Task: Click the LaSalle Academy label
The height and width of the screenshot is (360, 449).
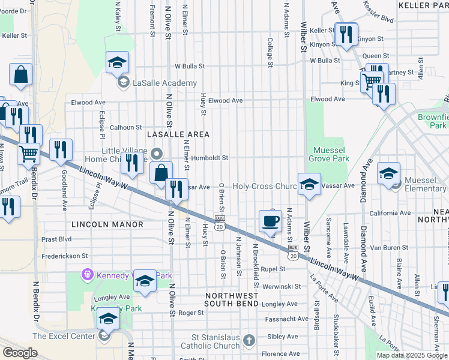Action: [157, 83]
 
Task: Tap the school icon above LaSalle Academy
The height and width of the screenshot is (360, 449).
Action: [118, 62]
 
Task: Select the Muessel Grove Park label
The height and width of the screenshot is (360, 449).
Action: [328, 154]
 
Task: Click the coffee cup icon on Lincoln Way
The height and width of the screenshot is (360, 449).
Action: [270, 221]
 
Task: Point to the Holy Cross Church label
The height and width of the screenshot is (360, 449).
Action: [265, 187]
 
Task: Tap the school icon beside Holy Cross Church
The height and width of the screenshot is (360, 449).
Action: [309, 184]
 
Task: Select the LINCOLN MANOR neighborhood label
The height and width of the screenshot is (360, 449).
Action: [107, 224]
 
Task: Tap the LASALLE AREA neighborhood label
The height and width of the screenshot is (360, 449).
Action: [178, 133]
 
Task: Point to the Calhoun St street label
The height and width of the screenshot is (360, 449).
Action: [125, 127]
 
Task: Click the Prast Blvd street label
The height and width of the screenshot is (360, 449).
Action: [57, 239]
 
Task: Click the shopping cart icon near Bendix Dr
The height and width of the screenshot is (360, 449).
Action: [28, 154]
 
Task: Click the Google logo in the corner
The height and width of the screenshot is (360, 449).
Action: [20, 352]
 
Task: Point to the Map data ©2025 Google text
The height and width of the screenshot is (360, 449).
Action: [411, 355]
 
